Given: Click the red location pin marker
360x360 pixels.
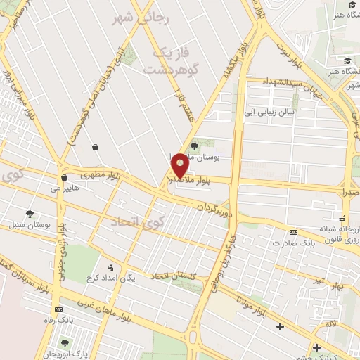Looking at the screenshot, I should click(180, 165).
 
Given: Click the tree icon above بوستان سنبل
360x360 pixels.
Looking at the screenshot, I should click(29, 214).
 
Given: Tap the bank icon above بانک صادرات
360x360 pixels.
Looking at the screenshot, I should click(293, 233).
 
